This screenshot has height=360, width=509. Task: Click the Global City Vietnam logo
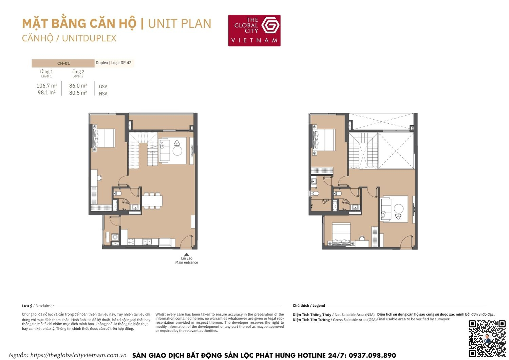click(x=254, y=30)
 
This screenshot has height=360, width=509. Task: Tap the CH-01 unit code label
click(x=63, y=63)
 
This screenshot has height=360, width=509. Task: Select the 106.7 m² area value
click(x=46, y=86)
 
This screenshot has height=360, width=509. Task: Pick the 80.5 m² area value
click(x=78, y=93)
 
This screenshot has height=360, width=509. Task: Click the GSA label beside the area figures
click(x=103, y=87)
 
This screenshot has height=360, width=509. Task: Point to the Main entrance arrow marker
click(x=186, y=254)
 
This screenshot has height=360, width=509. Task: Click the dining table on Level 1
click(x=152, y=201)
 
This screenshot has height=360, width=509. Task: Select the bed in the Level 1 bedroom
click(x=104, y=138)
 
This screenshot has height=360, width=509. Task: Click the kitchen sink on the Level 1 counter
click(x=147, y=242)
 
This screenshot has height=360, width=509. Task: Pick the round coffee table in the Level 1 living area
click(x=177, y=151)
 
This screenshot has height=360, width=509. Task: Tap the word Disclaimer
click(x=45, y=306)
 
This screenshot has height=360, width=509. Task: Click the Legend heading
click(x=319, y=305)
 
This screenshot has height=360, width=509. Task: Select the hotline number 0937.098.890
click(x=372, y=355)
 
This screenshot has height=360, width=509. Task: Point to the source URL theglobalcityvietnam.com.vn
click(x=78, y=355)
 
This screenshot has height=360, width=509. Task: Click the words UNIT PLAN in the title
click(x=180, y=23)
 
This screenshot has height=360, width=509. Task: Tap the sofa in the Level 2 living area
click(x=386, y=208)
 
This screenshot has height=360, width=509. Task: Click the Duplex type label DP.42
click(x=126, y=63)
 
